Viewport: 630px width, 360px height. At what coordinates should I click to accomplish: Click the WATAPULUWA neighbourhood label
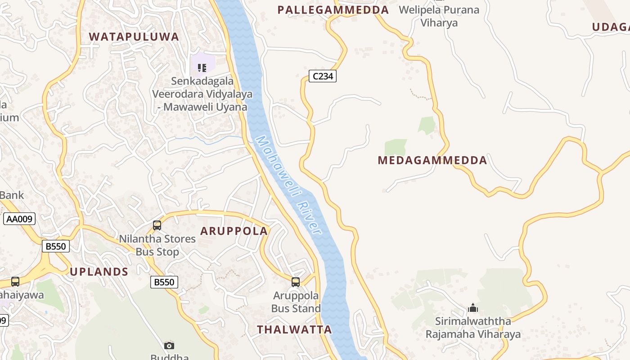tap(134, 37)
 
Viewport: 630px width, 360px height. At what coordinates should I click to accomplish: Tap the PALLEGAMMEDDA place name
tap(333, 10)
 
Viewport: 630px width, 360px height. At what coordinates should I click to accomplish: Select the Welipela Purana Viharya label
tap(439, 16)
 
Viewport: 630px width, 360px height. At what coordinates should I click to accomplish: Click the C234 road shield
tap(323, 76)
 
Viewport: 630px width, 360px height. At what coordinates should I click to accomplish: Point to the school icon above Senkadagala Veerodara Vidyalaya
tap(202, 68)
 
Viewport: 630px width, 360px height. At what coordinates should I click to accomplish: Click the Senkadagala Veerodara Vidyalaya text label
tap(202, 94)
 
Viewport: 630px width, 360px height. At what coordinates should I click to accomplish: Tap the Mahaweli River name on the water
tap(288, 185)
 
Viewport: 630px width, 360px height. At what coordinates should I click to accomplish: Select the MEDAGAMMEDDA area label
tap(432, 160)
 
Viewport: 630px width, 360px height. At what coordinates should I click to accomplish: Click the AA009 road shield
tap(19, 219)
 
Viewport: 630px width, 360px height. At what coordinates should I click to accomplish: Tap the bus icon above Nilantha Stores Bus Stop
tap(157, 225)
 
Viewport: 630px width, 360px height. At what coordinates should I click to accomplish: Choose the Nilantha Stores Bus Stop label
tap(157, 245)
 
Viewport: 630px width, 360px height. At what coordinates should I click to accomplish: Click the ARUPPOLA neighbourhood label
tap(234, 231)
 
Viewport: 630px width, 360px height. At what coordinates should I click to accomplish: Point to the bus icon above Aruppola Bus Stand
tap(296, 282)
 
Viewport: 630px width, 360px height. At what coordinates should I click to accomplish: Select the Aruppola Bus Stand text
tap(296, 302)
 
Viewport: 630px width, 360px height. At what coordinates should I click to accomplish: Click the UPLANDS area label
tap(99, 272)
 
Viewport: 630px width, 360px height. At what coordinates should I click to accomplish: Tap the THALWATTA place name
tap(294, 329)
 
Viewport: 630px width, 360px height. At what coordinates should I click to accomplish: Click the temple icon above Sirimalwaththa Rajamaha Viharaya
tap(472, 308)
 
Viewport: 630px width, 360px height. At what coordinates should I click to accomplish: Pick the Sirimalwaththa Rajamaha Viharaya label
tap(473, 328)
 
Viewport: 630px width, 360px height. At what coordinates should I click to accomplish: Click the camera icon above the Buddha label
tap(169, 346)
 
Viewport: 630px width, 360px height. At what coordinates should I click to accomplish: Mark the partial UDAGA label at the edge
tap(611, 27)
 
